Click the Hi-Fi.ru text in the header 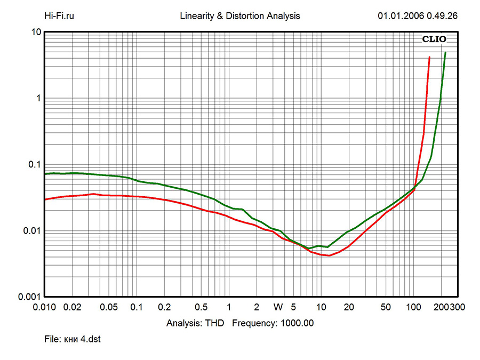point(59,16)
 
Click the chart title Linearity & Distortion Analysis point(241,16)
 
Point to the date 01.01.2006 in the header point(401,16)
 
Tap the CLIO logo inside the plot point(434,39)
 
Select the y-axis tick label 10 point(36,32)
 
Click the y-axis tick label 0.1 point(34,164)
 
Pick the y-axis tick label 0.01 point(32,231)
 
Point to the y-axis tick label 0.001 point(30,297)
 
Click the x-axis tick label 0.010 point(45,307)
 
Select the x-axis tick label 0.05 point(109,307)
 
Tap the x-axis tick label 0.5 point(201,307)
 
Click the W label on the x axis point(278,307)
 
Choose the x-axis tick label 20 point(349,307)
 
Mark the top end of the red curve point(429,57)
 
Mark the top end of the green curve point(445,52)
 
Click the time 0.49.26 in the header point(442,16)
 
